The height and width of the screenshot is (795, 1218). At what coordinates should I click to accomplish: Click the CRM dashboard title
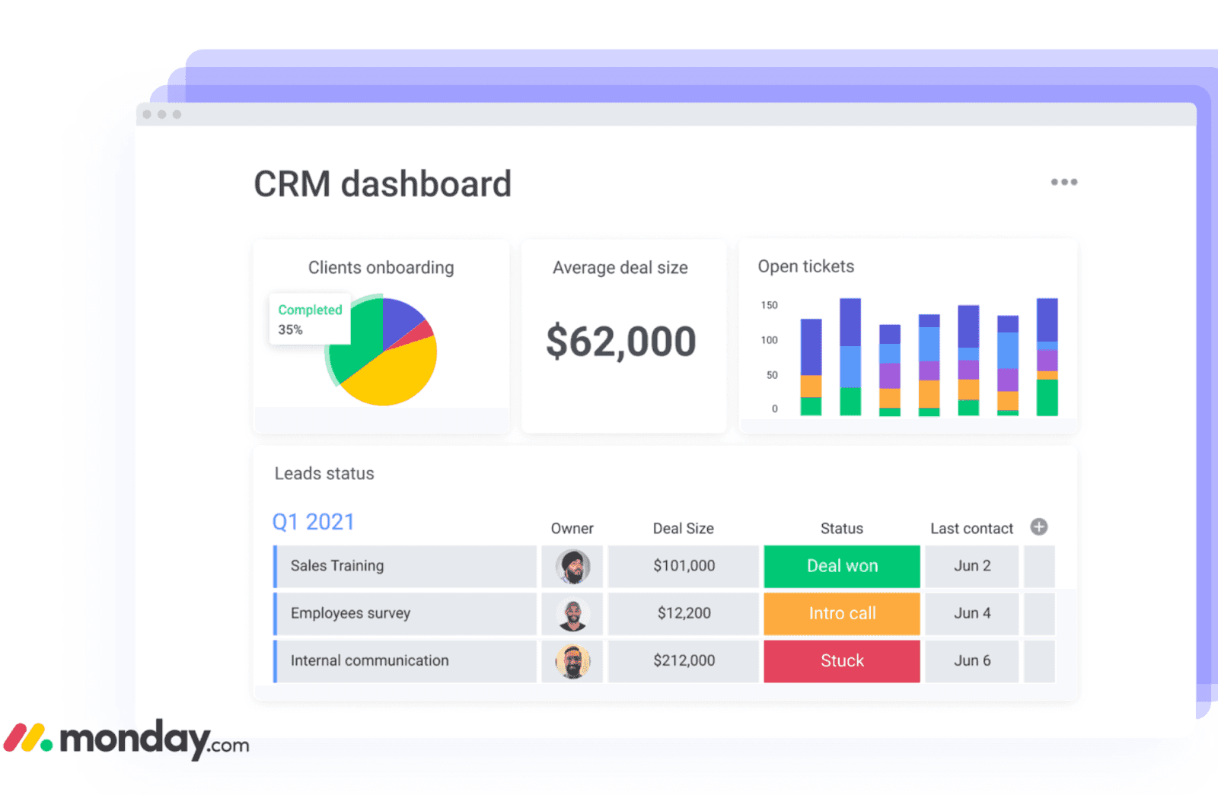[382, 184]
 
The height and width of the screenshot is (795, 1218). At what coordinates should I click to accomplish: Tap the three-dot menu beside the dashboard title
[1063, 182]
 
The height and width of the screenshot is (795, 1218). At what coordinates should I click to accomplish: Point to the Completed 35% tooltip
[310, 319]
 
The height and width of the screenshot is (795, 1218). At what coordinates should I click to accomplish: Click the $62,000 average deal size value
[620, 341]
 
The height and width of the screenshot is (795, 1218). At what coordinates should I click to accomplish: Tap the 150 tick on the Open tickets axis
[769, 305]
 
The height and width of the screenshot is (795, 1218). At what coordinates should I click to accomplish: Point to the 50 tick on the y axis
[771, 375]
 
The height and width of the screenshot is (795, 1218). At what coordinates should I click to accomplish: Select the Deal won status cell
[842, 566]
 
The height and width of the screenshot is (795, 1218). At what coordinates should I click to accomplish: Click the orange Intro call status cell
[842, 613]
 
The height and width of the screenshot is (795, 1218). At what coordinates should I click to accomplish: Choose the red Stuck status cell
[842, 660]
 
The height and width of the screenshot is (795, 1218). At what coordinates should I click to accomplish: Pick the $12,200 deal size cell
[684, 613]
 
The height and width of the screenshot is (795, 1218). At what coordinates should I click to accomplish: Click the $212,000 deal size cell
[684, 660]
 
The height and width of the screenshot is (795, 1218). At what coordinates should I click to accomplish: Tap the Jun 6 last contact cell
[972, 660]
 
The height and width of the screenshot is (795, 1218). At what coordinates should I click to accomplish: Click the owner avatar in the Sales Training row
[572, 567]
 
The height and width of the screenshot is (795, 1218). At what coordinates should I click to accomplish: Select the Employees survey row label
[350, 613]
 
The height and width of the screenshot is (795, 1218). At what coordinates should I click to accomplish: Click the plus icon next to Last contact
[1038, 526]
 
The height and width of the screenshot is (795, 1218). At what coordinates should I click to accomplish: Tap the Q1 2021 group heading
[313, 522]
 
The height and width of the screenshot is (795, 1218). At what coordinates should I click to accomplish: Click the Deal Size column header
[683, 529]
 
